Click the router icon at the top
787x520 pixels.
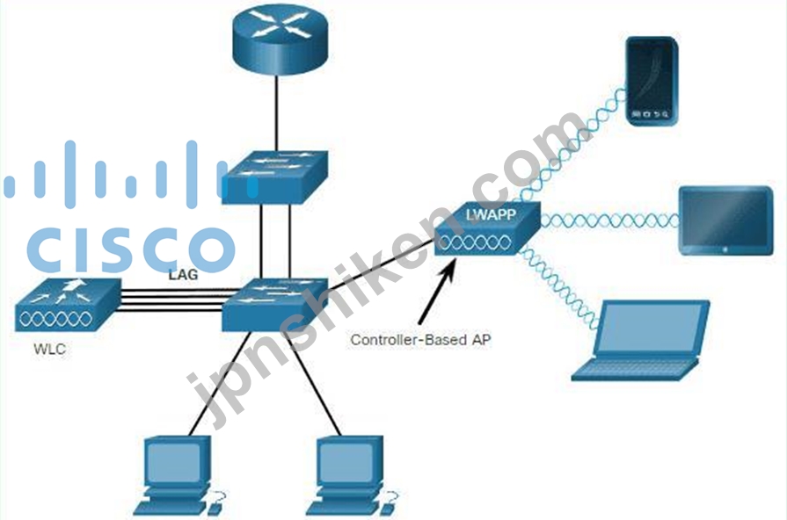(278, 35)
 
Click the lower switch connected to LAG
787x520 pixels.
(274, 301)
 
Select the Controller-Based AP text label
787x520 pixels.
(420, 339)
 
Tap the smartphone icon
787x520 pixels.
(651, 80)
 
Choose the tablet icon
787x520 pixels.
(725, 220)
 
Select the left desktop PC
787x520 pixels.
(176, 470)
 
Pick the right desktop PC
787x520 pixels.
(349, 470)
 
